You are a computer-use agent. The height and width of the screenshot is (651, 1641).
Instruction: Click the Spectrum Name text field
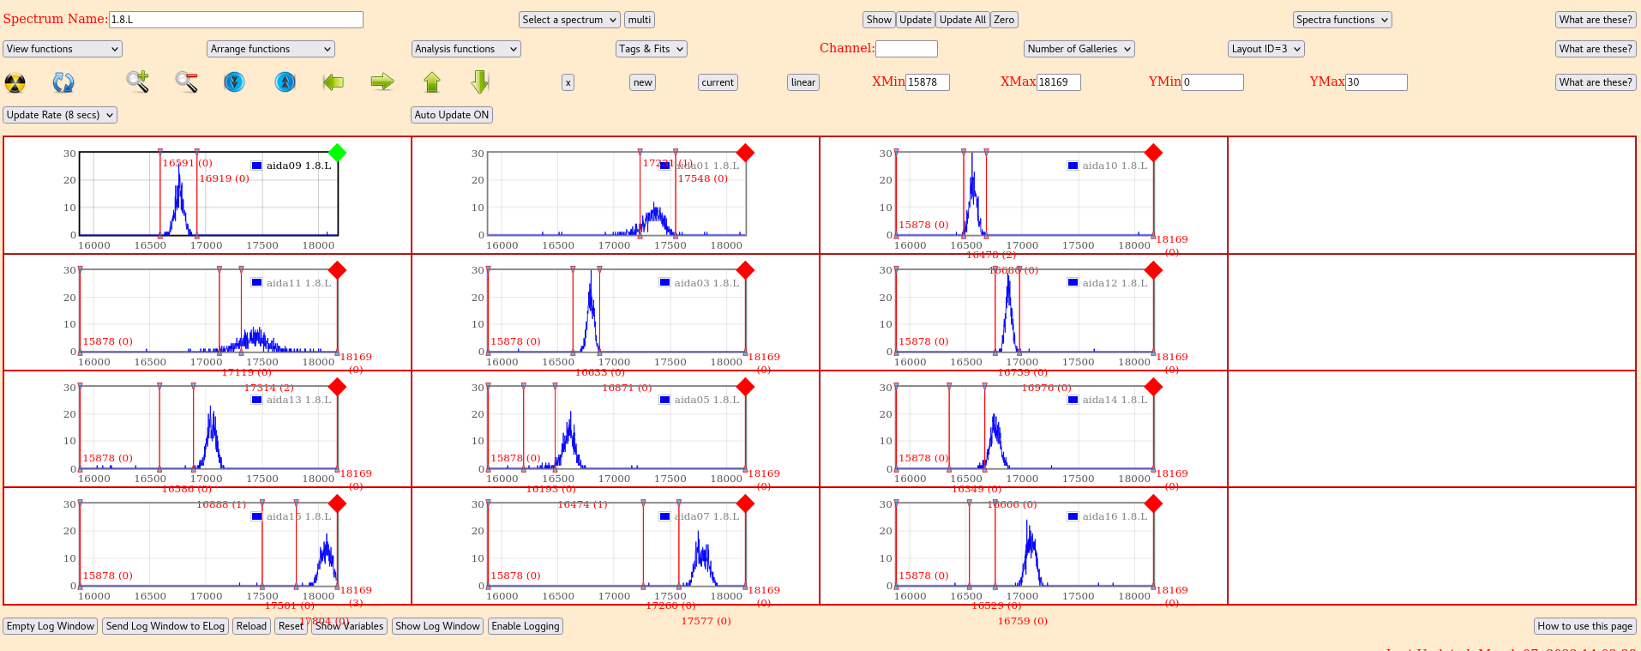[236, 20]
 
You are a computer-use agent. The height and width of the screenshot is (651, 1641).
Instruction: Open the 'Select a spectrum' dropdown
[569, 20]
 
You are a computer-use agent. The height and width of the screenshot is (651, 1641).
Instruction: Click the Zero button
[1004, 20]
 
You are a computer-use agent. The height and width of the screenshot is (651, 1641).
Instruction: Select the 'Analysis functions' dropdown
[466, 49]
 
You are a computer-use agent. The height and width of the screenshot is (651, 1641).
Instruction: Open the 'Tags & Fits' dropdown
[651, 49]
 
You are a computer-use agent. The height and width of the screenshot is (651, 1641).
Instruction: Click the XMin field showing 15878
[927, 82]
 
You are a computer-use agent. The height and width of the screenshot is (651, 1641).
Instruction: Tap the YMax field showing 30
[1375, 82]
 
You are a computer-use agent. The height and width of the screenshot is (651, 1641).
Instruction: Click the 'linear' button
[802, 82]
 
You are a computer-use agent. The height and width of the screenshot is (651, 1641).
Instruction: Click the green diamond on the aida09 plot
[338, 153]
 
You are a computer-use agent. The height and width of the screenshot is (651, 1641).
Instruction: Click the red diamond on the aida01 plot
[745, 153]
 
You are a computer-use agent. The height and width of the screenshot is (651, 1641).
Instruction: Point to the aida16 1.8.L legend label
[1114, 516]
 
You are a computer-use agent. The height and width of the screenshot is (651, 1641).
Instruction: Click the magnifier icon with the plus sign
[137, 81]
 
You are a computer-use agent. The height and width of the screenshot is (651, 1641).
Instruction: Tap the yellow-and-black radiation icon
[15, 82]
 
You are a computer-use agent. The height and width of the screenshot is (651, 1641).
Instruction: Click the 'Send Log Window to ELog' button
[165, 626]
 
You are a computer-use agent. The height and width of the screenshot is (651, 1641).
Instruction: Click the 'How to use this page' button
[1584, 626]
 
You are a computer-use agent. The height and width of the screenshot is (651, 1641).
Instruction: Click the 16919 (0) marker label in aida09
[224, 178]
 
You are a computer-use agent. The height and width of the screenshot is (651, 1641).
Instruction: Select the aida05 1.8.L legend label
[706, 400]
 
